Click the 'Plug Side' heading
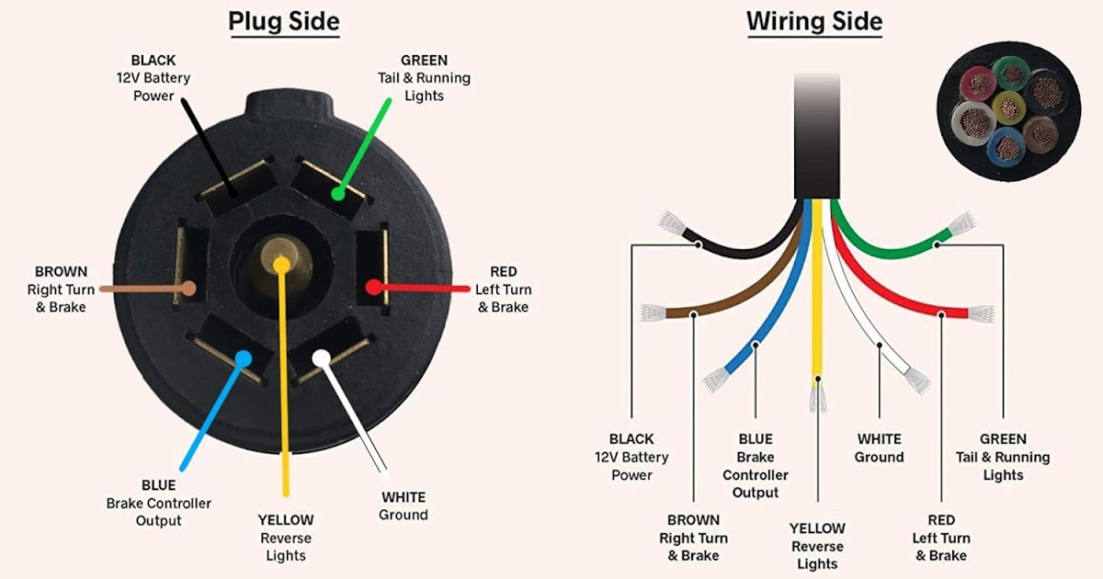point(283,21)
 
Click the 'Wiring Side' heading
point(813,21)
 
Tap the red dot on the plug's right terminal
point(373,288)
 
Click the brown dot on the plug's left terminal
point(189,288)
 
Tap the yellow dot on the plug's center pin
point(281,265)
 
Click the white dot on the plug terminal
point(321,358)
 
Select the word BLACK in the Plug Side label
point(154,60)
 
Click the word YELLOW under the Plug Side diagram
point(285,520)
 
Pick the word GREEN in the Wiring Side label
point(1003,439)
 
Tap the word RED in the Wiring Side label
point(941,520)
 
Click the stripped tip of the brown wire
point(651,313)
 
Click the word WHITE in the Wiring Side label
point(879,439)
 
